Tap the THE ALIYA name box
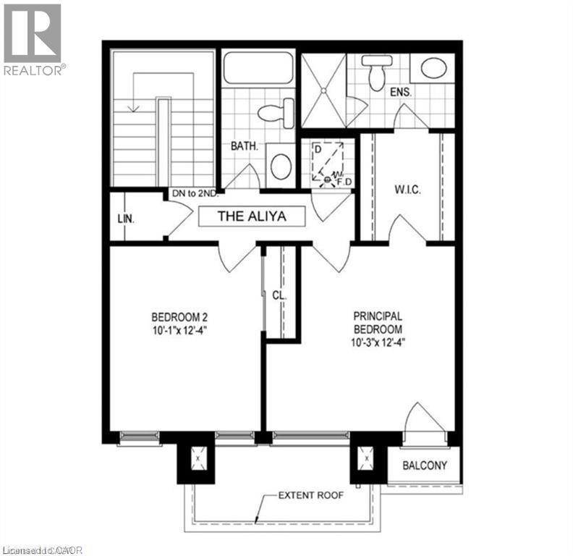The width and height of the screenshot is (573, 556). pos(252,216)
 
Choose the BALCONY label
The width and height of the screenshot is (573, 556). pos(425,466)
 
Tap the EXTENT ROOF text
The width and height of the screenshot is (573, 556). pos(310,496)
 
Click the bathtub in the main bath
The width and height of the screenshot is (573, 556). pos(258,69)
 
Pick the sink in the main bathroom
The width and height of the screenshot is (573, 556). pos(280,165)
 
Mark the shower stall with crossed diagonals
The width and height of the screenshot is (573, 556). pos(323,91)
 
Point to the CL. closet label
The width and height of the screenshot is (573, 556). pos(279,296)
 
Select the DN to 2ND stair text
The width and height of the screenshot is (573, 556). pos(195,194)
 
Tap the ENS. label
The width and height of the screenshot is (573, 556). pos(401,93)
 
